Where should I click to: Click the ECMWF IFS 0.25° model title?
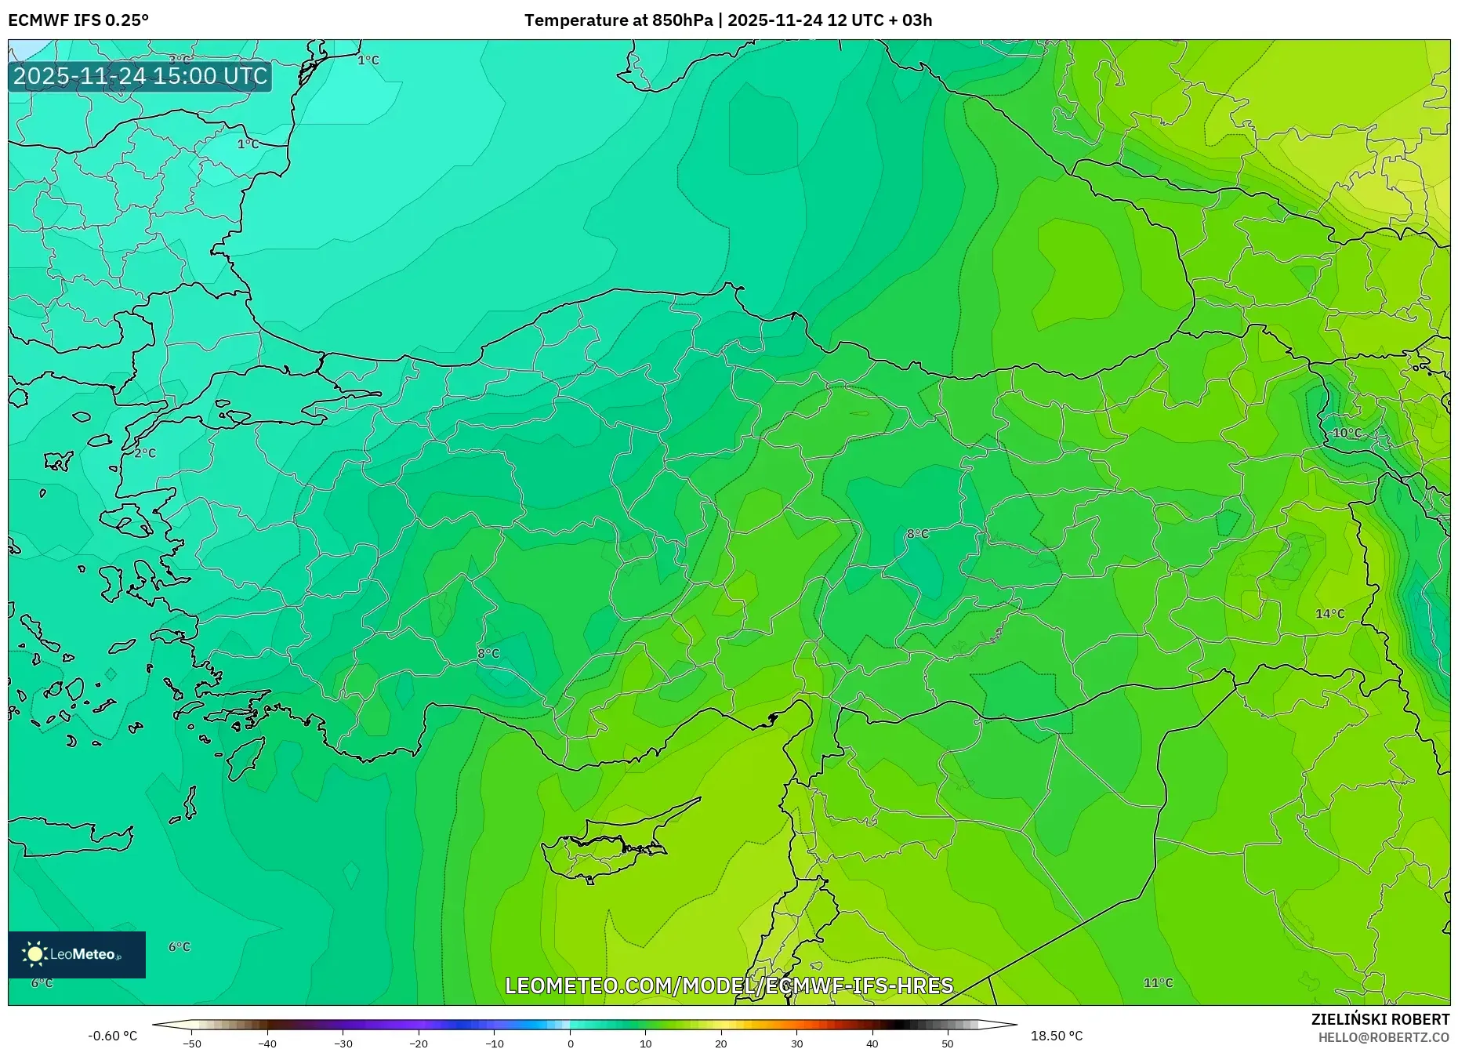78,20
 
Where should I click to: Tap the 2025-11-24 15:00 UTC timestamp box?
140,76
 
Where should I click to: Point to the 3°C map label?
180,60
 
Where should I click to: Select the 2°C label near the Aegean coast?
145,453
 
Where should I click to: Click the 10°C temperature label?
1347,434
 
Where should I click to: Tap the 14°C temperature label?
1329,614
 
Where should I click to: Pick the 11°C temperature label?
1158,983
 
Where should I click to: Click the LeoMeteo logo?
77,954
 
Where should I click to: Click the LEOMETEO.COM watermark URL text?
729,985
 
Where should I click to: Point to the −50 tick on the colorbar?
192,1044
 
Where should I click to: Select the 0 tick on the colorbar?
571,1044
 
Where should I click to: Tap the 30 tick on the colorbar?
796,1044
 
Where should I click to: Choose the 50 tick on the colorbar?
948,1044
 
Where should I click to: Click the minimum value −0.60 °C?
112,1036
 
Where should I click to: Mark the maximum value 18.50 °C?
1056,1036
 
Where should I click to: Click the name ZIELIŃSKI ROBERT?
1380,1019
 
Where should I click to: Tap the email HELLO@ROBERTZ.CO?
1383,1037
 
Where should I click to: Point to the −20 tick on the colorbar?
419,1044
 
